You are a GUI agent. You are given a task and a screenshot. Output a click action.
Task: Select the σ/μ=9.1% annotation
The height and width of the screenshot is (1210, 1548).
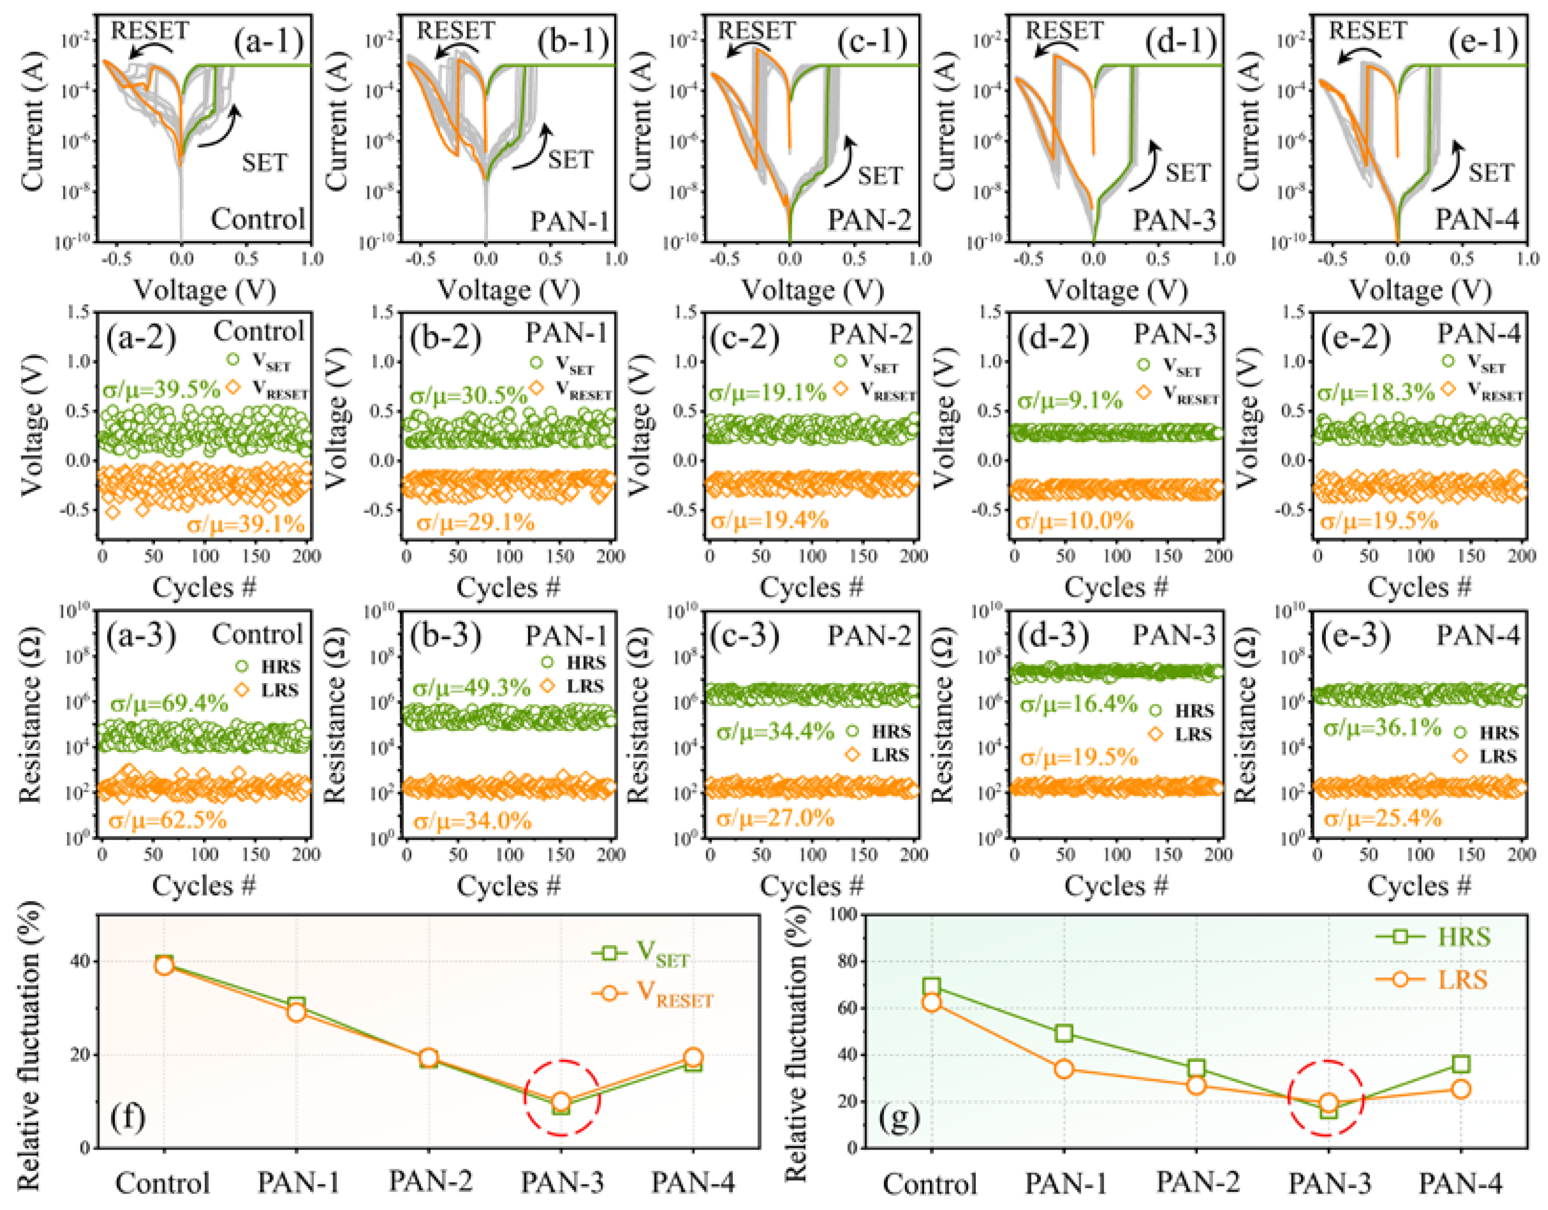pyautogui.click(x=1070, y=400)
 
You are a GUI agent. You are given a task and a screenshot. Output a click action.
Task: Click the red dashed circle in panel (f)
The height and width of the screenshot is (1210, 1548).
pyautogui.click(x=562, y=1098)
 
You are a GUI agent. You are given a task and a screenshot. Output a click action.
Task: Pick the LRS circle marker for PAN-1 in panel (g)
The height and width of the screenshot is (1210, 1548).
pyautogui.click(x=1064, y=1068)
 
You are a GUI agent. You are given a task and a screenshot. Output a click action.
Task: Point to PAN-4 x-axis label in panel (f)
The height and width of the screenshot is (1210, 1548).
pyautogui.click(x=693, y=1182)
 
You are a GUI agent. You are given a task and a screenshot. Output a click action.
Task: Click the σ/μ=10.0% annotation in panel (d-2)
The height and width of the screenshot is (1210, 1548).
pyautogui.click(x=1074, y=521)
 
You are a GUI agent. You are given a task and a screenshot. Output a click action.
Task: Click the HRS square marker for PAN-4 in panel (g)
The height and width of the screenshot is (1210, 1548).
pyautogui.click(x=1461, y=1064)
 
